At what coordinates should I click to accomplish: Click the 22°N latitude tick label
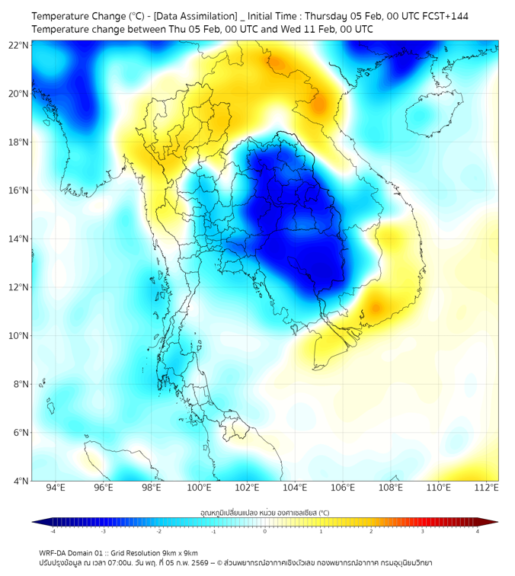click(x=19, y=45)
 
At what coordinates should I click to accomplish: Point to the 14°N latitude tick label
click(x=19, y=239)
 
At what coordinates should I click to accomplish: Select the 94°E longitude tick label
click(x=56, y=488)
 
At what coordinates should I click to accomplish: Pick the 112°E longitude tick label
click(x=486, y=488)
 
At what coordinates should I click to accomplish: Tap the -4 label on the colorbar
click(x=52, y=531)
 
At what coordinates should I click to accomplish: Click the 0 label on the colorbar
click(x=265, y=531)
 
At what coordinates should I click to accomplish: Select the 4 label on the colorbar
click(x=478, y=531)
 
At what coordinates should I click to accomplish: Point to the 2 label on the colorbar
click(x=372, y=531)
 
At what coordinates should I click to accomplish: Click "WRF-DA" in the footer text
click(x=53, y=553)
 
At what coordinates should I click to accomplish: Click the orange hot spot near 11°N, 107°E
click(x=375, y=309)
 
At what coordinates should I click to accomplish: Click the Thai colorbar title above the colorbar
click(x=264, y=513)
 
